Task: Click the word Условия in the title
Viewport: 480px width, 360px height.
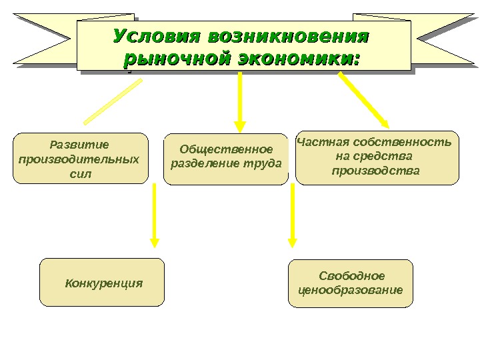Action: tap(155, 35)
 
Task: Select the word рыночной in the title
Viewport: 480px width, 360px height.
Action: tap(173, 59)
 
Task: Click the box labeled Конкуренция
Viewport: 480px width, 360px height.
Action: tap(102, 283)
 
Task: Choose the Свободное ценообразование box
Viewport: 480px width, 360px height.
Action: tap(351, 283)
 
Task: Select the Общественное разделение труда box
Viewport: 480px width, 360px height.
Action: tap(226, 159)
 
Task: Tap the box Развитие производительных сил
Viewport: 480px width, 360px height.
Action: tap(80, 158)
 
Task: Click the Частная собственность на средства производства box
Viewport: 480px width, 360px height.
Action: tap(377, 157)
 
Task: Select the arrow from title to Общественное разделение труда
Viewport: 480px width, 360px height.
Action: tap(240, 100)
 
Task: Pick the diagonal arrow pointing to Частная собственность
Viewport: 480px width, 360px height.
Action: tap(363, 99)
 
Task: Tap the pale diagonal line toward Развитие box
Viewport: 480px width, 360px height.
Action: tap(113, 101)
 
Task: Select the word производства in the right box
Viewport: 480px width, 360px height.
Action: tap(376, 171)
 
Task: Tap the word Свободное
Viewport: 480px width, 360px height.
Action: tap(352, 276)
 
